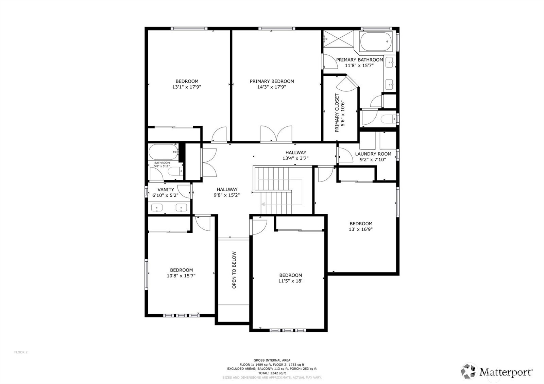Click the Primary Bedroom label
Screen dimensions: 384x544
click(272, 81)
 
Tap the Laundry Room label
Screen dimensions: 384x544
click(373, 154)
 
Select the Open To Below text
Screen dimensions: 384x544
click(234, 270)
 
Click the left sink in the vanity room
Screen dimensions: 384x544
click(157, 208)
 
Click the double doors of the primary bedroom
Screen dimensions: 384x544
click(276, 133)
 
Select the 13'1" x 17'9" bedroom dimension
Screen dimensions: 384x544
click(187, 87)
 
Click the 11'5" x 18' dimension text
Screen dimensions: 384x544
click(290, 281)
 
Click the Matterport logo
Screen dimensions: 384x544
click(497, 371)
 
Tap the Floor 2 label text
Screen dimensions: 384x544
click(21, 352)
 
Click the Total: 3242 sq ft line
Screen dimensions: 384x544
click(272, 373)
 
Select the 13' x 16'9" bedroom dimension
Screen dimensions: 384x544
click(361, 229)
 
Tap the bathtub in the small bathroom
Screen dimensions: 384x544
click(163, 152)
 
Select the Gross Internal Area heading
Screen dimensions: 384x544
click(272, 360)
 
